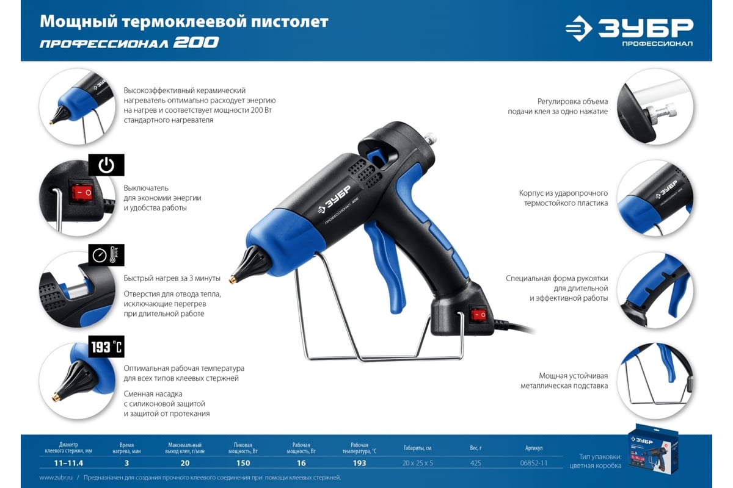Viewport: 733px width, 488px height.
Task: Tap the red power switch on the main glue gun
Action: tap(478, 315)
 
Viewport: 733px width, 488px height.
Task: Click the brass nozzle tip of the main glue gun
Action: tap(233, 279)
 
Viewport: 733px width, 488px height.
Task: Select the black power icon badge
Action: tap(106, 165)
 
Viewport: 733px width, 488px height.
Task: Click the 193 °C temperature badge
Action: tap(106, 346)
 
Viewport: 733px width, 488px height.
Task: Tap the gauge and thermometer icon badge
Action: tap(106, 255)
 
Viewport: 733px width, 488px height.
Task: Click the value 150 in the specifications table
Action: tap(243, 463)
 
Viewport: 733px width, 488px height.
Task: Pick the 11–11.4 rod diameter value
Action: tap(68, 463)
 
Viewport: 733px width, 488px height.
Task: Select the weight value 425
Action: tap(475, 463)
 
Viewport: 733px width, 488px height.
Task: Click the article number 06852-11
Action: tap(533, 463)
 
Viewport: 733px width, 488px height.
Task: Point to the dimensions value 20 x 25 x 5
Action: tap(417, 463)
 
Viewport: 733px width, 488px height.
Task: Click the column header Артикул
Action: tap(534, 448)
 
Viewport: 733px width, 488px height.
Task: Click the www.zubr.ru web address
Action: tap(56, 478)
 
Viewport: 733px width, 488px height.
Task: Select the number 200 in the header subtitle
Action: tap(195, 43)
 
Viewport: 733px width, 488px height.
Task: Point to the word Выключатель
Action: tap(146, 188)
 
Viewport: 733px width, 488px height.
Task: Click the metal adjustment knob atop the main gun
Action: tap(430, 137)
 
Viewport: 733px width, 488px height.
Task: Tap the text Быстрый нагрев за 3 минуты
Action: tap(172, 278)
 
